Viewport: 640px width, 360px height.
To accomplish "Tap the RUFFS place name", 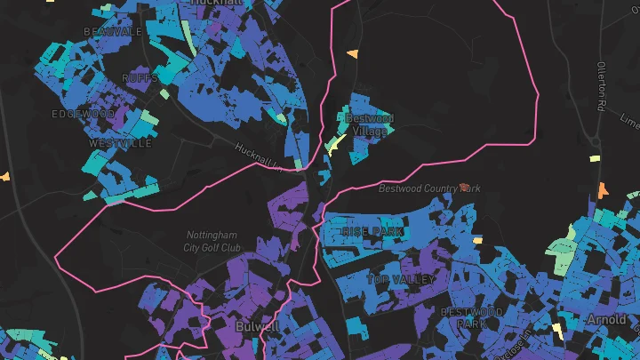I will (140, 77).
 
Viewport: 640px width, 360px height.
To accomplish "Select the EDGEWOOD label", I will (83, 114).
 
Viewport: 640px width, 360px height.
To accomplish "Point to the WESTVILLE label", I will (120, 143).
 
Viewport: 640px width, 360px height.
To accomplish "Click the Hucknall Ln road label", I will (259, 157).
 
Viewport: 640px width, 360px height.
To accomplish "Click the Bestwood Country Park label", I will (428, 188).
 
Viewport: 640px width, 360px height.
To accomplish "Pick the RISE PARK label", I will (372, 231).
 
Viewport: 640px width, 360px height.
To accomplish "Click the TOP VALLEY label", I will (401, 279).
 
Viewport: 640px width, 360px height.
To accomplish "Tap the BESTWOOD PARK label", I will (472, 317).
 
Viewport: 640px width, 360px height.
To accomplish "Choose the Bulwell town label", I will (258, 326).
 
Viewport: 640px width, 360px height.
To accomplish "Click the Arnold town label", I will (606, 319).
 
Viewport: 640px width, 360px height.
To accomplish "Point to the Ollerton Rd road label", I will (602, 85).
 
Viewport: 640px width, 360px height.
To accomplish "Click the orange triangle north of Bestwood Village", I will (353, 54).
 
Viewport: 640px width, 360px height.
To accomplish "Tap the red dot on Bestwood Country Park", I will (464, 187).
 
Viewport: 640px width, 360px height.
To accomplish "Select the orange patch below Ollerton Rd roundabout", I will (603, 190).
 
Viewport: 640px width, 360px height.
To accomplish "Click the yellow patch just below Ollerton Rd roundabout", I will (595, 159).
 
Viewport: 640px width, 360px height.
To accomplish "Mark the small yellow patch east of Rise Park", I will (477, 239).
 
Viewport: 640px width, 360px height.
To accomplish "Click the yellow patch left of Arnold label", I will (557, 330).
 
